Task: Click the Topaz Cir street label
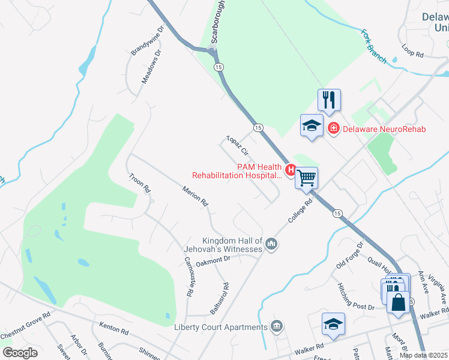[x=237, y=148]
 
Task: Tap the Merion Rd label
[x=196, y=196]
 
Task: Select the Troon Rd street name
[x=139, y=182]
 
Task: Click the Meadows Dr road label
[x=152, y=66]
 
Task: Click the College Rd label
[x=301, y=212]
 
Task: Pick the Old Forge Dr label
[x=350, y=254]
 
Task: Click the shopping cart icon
[x=306, y=177]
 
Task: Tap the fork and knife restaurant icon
[x=329, y=99]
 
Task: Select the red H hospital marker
[x=291, y=171]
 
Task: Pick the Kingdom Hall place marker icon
[x=271, y=244]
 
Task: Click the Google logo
[x=20, y=353]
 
